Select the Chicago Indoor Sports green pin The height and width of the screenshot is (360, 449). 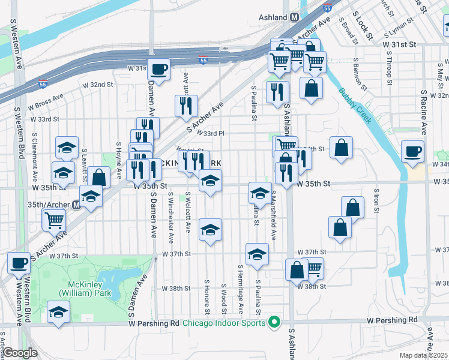click(274, 323)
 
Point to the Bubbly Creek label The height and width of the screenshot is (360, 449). click(354, 104)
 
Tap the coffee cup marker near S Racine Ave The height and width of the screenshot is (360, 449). click(413, 153)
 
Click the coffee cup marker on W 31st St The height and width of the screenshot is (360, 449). click(158, 69)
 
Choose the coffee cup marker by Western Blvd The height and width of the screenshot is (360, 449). click(19, 262)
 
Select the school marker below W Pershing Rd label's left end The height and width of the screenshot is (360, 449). click(58, 313)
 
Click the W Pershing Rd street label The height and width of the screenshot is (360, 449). click(154, 323)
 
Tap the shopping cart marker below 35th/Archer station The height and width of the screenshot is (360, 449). click(54, 220)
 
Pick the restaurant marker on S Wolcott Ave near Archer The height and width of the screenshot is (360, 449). click(186, 106)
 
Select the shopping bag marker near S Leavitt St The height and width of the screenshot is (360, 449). click(100, 177)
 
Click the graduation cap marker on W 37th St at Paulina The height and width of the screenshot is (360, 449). click(257, 254)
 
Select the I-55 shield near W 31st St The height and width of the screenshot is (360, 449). click(203, 59)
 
